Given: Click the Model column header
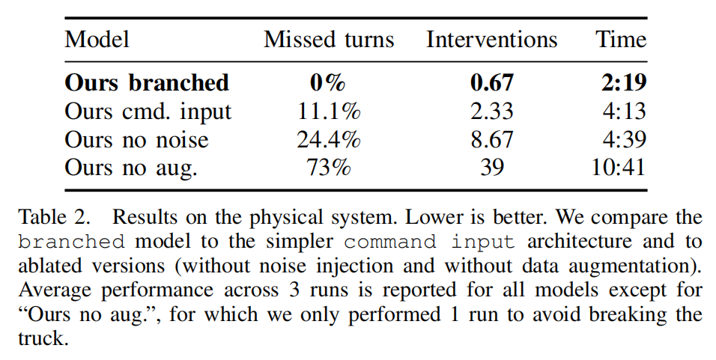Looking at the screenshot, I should [x=97, y=40].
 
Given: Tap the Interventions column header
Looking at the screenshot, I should [x=491, y=40].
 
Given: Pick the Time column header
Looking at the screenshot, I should [x=621, y=40].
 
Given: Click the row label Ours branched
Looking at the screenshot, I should [x=147, y=82].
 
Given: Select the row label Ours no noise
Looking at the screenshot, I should [x=136, y=139].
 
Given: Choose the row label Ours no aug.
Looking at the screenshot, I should [x=131, y=167].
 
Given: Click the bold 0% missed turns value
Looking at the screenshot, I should [x=328, y=82].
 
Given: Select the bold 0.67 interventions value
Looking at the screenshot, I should [x=491, y=82].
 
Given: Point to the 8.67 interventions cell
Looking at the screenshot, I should [x=491, y=139].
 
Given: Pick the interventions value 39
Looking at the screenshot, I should [x=491, y=167].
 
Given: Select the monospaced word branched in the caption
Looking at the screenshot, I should [x=72, y=242].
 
